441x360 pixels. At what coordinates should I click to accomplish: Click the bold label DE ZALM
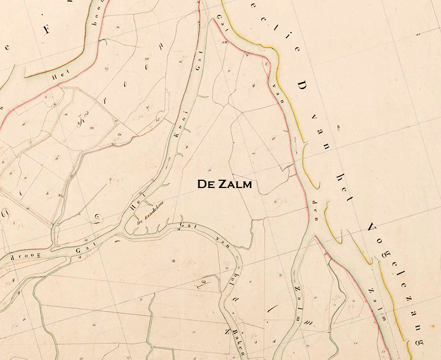coord(224,184)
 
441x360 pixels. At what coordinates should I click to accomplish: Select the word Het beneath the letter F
coord(58,77)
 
